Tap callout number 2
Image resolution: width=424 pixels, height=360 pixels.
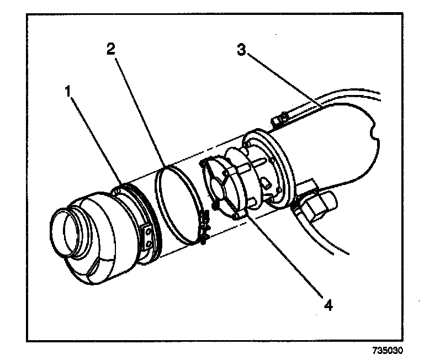(x=110, y=49)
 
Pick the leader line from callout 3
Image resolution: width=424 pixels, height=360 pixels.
(x=282, y=83)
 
